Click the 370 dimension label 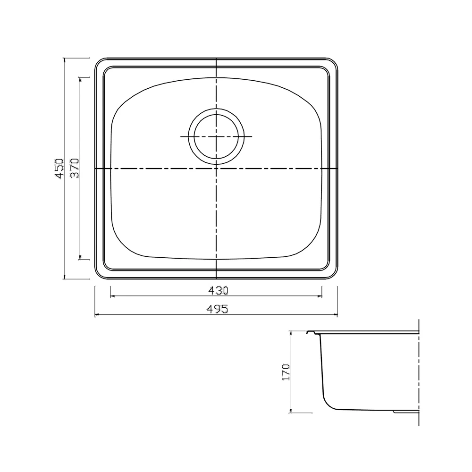click(75, 169)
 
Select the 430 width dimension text click(219, 290)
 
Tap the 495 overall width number click(218, 309)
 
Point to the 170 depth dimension click(286, 372)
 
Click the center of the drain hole click(216, 137)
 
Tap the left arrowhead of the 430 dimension click(113, 296)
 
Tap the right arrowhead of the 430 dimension click(320, 296)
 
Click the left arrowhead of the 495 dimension click(97, 315)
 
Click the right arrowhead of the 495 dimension click(335, 315)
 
